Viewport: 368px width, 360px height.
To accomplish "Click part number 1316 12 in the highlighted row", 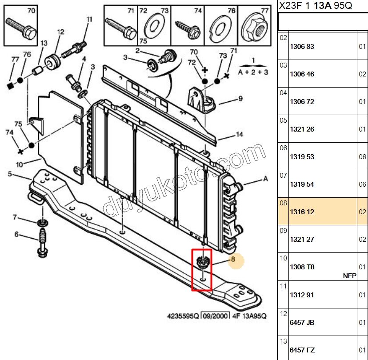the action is pyautogui.click(x=302, y=212).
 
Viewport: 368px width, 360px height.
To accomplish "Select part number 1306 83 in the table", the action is pyautogui.click(x=302, y=47).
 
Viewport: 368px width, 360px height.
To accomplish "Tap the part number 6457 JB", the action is pyautogui.click(x=302, y=323).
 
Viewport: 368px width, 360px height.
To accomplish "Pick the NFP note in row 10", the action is pyautogui.click(x=350, y=276).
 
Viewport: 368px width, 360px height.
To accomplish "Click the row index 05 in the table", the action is pyautogui.click(x=283, y=120).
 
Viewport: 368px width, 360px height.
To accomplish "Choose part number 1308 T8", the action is pyautogui.click(x=302, y=267).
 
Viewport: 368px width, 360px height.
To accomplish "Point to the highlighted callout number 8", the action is pyautogui.click(x=233, y=259).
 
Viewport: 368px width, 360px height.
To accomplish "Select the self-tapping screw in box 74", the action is pyautogui.click(x=188, y=29).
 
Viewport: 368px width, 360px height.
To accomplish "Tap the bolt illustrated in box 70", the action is pyautogui.click(x=21, y=28).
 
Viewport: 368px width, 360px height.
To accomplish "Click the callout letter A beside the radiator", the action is pyautogui.click(x=265, y=179).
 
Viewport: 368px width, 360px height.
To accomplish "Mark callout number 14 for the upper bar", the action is pyautogui.click(x=240, y=134).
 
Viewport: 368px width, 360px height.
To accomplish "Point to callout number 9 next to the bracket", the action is pyautogui.click(x=240, y=98).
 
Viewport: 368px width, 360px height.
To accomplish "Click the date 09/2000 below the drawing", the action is pyautogui.click(x=216, y=316).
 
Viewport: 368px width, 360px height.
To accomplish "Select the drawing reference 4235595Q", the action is pyautogui.click(x=183, y=316).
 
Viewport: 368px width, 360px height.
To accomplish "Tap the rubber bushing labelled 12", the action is pyautogui.click(x=52, y=62).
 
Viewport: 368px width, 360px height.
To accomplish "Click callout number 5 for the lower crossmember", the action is pyautogui.click(x=10, y=174).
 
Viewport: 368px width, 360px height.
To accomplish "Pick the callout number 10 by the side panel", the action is pyautogui.click(x=19, y=164).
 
